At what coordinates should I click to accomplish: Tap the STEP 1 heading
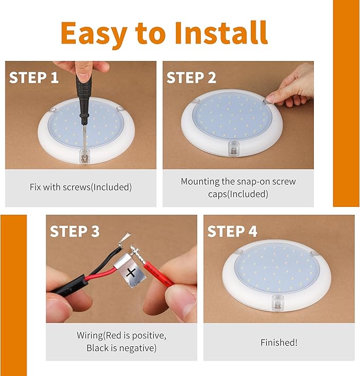(x=34, y=78)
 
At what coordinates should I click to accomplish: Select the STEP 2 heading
(x=191, y=78)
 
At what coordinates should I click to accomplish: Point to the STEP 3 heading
(x=75, y=231)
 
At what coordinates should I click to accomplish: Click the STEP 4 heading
(x=232, y=231)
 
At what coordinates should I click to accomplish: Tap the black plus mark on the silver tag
(x=131, y=273)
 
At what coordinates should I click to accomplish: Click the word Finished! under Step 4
(x=279, y=343)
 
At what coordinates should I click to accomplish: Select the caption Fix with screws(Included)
(x=81, y=187)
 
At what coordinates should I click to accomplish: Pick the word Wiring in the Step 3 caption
(x=90, y=336)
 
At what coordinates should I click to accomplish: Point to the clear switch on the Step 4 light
(x=277, y=302)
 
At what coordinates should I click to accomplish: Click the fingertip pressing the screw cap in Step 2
(x=270, y=99)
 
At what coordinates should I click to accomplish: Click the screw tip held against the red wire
(x=133, y=248)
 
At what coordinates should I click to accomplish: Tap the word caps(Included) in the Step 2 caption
(x=238, y=194)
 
